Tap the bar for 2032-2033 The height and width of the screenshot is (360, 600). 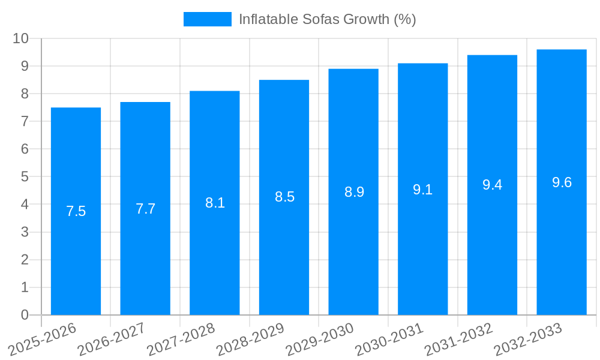coord(562,240)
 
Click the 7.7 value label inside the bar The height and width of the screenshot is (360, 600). coord(145,209)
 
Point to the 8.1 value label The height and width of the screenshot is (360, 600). coord(215,203)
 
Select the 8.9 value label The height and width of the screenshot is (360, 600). coord(354,192)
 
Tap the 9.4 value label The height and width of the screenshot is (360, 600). coord(492,185)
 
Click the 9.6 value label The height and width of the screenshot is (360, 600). coord(562,182)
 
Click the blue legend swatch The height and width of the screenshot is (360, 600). coord(207,19)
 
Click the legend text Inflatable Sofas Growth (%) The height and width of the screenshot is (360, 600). coord(327,19)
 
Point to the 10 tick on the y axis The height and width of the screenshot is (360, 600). coord(21,38)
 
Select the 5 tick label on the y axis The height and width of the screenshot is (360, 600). coord(25,176)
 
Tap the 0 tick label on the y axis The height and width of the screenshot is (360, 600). coord(25,315)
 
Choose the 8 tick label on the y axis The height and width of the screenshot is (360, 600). coord(25,94)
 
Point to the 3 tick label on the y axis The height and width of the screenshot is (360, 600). coord(25,232)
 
